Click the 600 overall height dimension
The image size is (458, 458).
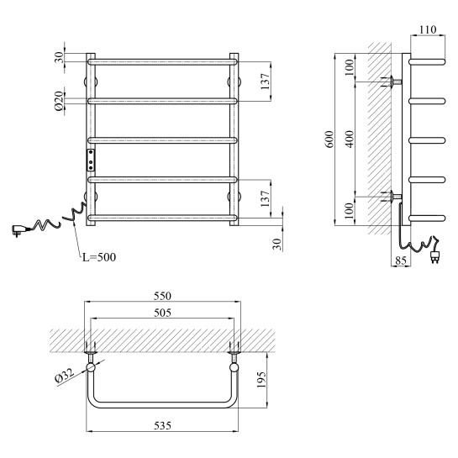[329, 140]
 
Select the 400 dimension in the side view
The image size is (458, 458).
[350, 139]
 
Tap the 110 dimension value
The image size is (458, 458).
[428, 29]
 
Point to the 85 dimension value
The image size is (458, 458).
[401, 261]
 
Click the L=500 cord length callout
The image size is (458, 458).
[99, 257]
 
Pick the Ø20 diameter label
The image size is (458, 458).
[59, 101]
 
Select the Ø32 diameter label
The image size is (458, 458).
[65, 376]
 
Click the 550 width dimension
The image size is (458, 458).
[162, 296]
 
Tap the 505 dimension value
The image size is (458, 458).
[162, 313]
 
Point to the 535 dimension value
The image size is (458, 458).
[162, 425]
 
